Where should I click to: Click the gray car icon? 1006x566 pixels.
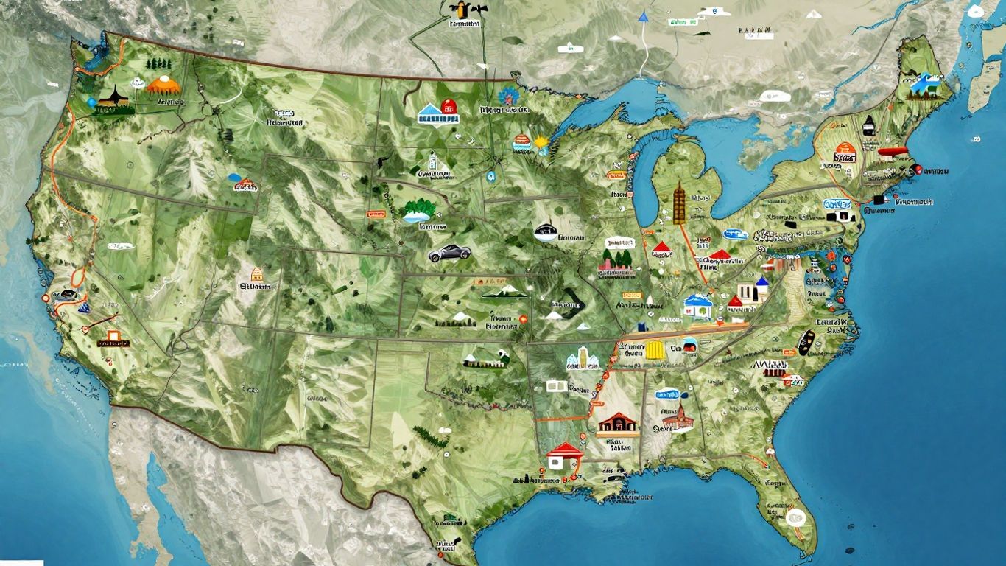[x=449, y=253]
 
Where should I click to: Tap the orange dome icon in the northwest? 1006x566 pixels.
[x=163, y=86]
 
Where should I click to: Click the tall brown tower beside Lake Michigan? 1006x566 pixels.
[x=679, y=203]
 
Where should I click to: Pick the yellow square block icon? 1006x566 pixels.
[x=655, y=352]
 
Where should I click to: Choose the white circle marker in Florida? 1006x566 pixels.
[x=795, y=517]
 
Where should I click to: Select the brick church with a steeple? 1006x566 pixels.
[x=679, y=418]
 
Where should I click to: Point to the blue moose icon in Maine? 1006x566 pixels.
[x=926, y=85]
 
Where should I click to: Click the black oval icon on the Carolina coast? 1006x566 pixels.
[x=806, y=340]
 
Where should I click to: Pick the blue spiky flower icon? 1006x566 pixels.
[x=507, y=96]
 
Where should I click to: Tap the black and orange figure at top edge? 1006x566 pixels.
[x=458, y=10]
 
